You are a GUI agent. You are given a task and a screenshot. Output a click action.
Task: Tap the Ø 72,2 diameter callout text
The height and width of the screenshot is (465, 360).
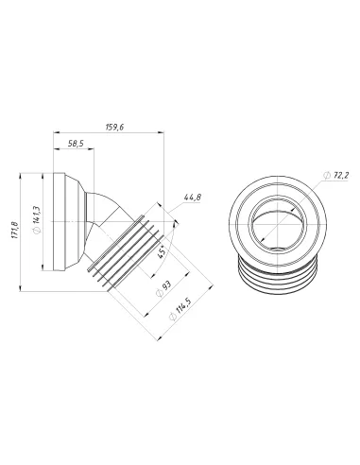tap(336, 175)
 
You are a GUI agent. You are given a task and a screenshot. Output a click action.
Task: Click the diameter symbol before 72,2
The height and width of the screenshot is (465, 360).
tap(325, 175)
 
